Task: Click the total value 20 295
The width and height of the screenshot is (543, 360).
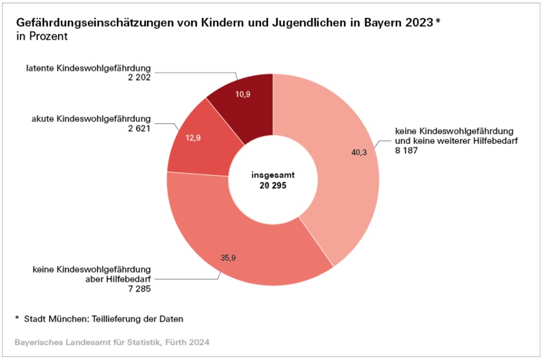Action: [272, 185]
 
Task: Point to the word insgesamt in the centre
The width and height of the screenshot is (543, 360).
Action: [272, 174]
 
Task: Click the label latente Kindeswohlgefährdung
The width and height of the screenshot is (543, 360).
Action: [88, 68]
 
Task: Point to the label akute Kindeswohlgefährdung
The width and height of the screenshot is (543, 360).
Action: [90, 119]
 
